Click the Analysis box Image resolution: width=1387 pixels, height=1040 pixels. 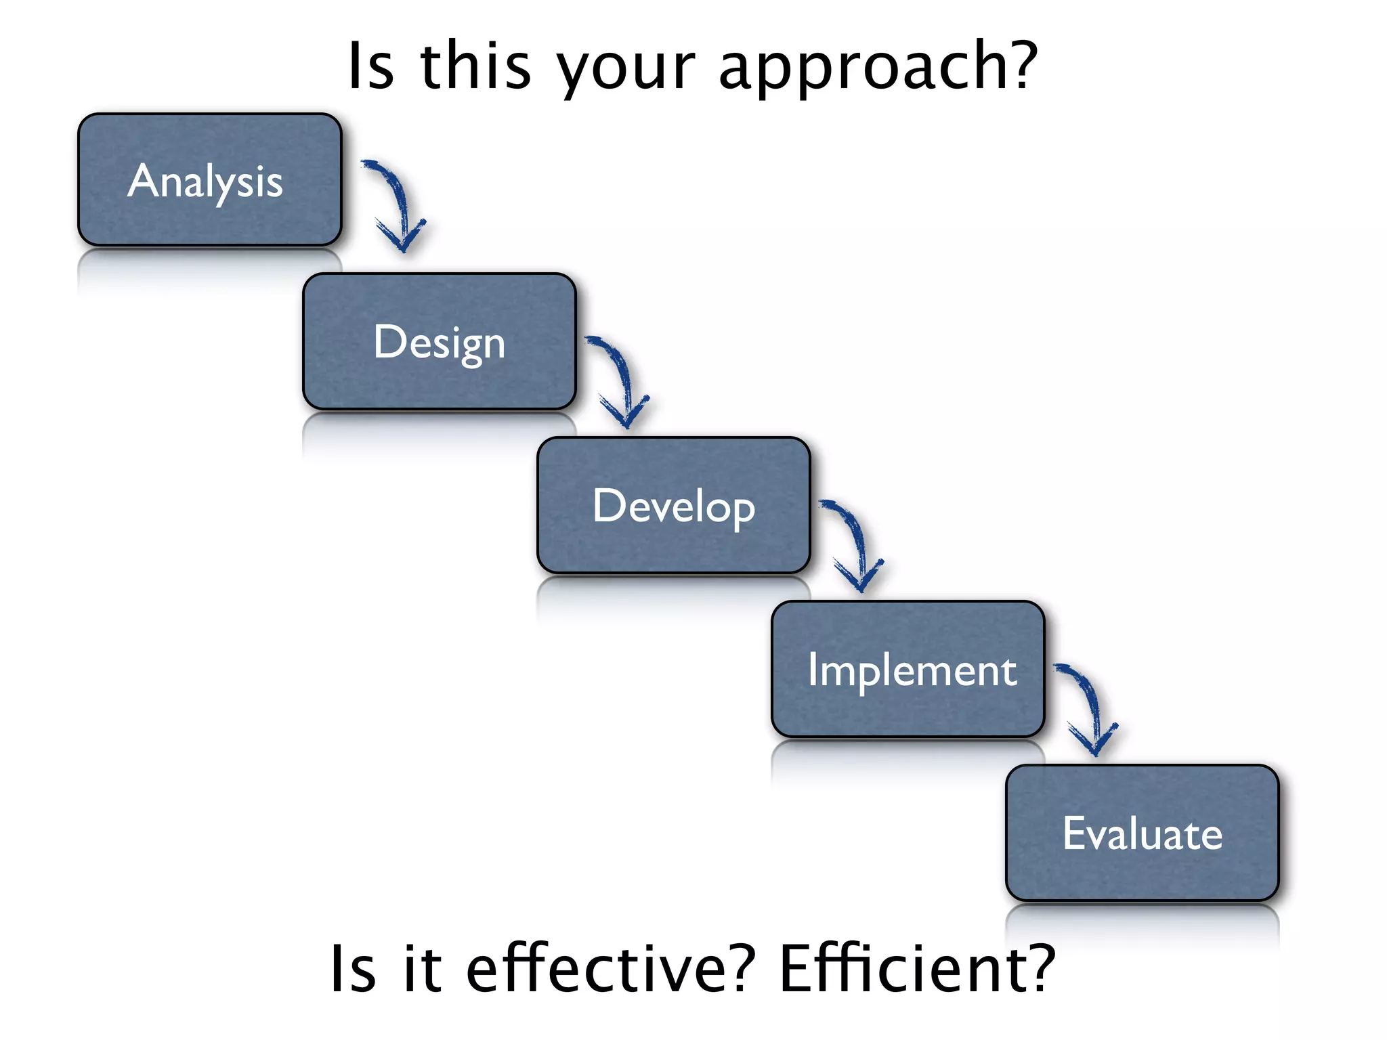tap(210, 179)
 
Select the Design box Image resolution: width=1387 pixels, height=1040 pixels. tap(439, 341)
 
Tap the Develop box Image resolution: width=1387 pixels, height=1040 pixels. tap(673, 505)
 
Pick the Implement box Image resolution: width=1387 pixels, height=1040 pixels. tap(908, 669)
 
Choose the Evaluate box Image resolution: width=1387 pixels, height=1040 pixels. tap(1142, 833)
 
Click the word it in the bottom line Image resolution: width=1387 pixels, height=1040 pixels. tap(422, 970)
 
